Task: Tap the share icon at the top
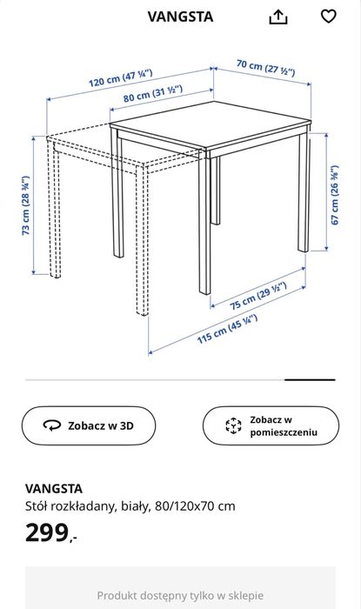(x=278, y=17)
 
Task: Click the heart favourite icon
(x=328, y=17)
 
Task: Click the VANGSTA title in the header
(x=180, y=17)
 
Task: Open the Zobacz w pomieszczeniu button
(x=271, y=425)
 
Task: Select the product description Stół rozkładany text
(x=130, y=505)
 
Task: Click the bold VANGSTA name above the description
(x=54, y=488)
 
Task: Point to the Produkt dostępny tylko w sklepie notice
(x=180, y=596)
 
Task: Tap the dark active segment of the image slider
(x=310, y=379)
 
